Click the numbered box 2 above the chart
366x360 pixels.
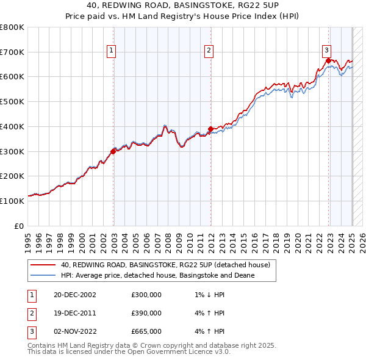209,51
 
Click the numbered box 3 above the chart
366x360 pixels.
326,51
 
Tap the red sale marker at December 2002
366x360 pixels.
113,151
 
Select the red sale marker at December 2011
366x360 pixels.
210,129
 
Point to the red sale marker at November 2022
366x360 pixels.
328,60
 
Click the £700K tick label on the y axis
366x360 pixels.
12,52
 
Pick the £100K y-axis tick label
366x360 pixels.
12,201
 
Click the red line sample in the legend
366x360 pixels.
43,265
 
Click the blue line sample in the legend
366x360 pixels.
43,275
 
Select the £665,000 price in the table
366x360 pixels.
146,331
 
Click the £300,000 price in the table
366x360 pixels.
146,295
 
